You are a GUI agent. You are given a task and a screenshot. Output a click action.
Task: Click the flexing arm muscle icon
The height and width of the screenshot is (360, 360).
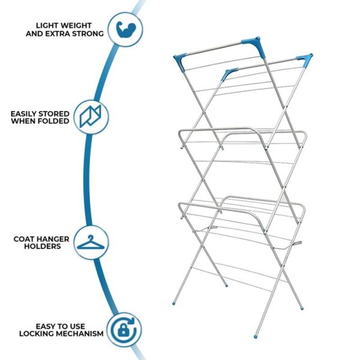tap(126, 29)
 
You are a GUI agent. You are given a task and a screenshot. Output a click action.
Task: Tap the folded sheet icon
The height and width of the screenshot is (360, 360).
tap(90, 116)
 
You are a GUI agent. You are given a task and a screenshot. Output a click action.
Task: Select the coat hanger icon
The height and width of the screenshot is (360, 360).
tap(91, 242)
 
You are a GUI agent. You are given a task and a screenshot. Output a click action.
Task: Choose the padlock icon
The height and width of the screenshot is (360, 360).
tap(123, 331)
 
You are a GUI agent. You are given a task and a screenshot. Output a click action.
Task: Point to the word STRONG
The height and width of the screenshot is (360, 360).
tap(88, 34)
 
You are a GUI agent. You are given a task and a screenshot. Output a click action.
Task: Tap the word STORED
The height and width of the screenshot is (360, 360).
tap(54, 114)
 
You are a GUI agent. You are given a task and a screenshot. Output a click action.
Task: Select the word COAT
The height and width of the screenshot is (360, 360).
tap(23, 239)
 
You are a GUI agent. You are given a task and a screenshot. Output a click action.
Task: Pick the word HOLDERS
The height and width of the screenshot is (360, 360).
tap(43, 247)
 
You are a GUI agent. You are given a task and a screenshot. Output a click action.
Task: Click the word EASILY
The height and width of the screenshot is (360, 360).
tap(23, 114)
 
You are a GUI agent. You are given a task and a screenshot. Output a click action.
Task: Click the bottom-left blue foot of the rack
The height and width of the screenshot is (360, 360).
tap(174, 304)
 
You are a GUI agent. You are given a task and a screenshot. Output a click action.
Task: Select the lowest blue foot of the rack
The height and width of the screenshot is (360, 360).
tap(256, 337)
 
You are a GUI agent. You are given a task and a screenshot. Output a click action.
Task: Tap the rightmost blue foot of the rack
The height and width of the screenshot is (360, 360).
tap(302, 308)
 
